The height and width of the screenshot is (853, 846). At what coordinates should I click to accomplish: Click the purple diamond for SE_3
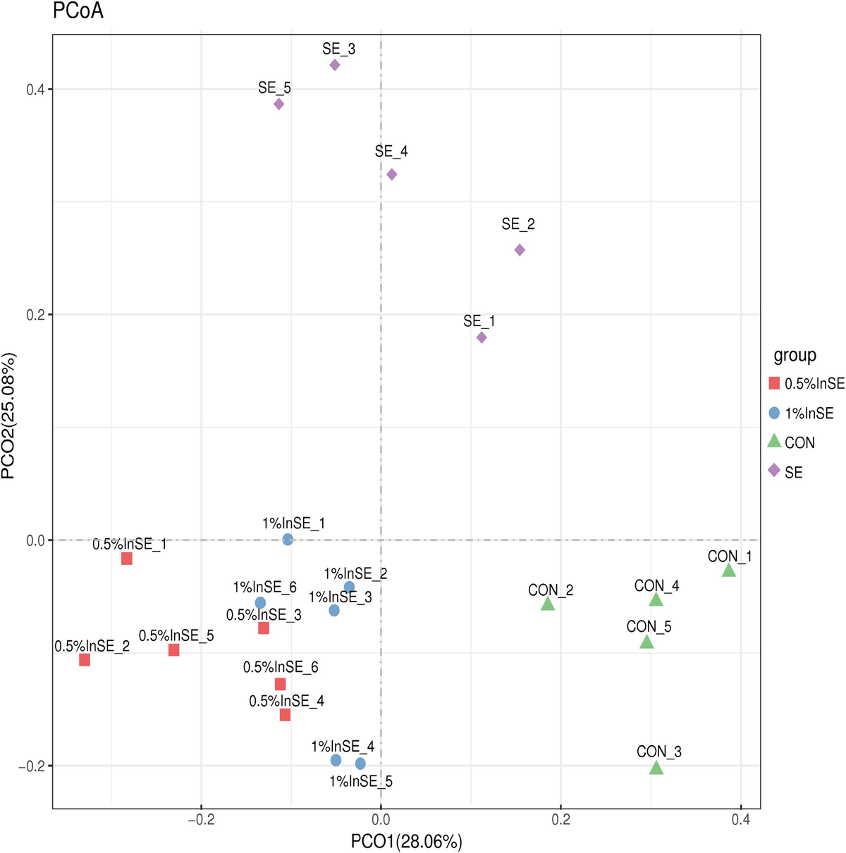click(335, 65)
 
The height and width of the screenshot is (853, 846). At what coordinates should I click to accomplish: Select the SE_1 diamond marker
click(482, 337)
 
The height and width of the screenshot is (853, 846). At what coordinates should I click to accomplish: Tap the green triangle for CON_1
click(729, 571)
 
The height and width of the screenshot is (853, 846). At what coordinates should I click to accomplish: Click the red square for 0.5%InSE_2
click(85, 660)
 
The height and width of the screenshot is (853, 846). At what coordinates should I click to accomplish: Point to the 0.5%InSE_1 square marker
click(127, 559)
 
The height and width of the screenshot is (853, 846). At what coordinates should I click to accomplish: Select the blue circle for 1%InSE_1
click(288, 540)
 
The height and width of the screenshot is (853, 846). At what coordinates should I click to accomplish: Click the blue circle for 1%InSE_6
click(260, 603)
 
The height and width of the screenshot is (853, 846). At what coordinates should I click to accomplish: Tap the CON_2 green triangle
click(548, 604)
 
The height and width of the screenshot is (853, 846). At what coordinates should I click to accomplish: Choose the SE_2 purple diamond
click(520, 250)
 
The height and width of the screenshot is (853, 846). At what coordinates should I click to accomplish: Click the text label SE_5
click(274, 88)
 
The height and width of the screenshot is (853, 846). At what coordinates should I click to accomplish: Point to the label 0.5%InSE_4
click(286, 701)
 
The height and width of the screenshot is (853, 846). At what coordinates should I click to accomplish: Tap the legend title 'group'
click(795, 356)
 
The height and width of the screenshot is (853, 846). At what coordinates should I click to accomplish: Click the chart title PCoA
click(78, 11)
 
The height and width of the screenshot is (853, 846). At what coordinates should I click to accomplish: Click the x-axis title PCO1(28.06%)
click(407, 841)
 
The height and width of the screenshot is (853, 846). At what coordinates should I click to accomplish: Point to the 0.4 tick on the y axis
click(34, 89)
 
